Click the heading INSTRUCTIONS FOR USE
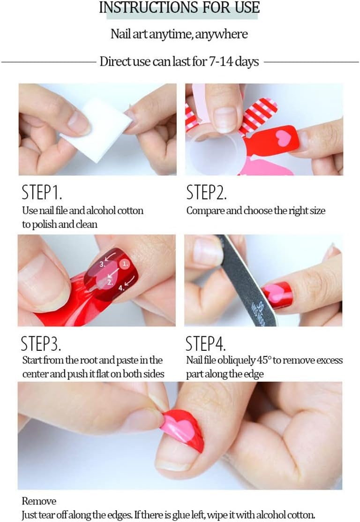(180, 8)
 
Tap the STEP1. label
(42, 192)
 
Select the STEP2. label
(206, 192)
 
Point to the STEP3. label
(41, 343)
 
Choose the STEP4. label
(206, 343)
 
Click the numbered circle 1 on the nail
(125, 264)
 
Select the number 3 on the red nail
(103, 265)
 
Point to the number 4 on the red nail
(121, 288)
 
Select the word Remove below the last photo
(39, 501)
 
